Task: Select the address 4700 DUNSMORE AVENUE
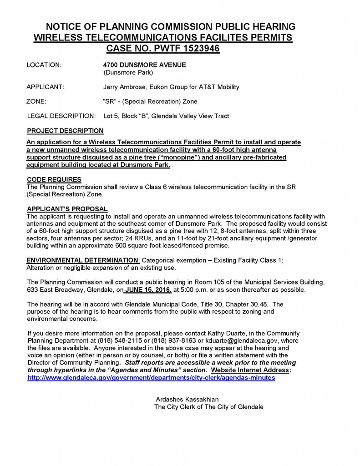(x=144, y=65)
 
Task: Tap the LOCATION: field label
(x=44, y=65)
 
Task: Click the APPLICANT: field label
(x=45, y=87)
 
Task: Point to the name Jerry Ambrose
(x=125, y=87)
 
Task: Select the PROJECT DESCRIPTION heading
(x=65, y=131)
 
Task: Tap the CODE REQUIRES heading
(x=54, y=179)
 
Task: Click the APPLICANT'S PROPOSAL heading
(x=67, y=209)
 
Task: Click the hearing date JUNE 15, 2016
(x=147, y=290)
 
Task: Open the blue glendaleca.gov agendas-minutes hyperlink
(x=151, y=378)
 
